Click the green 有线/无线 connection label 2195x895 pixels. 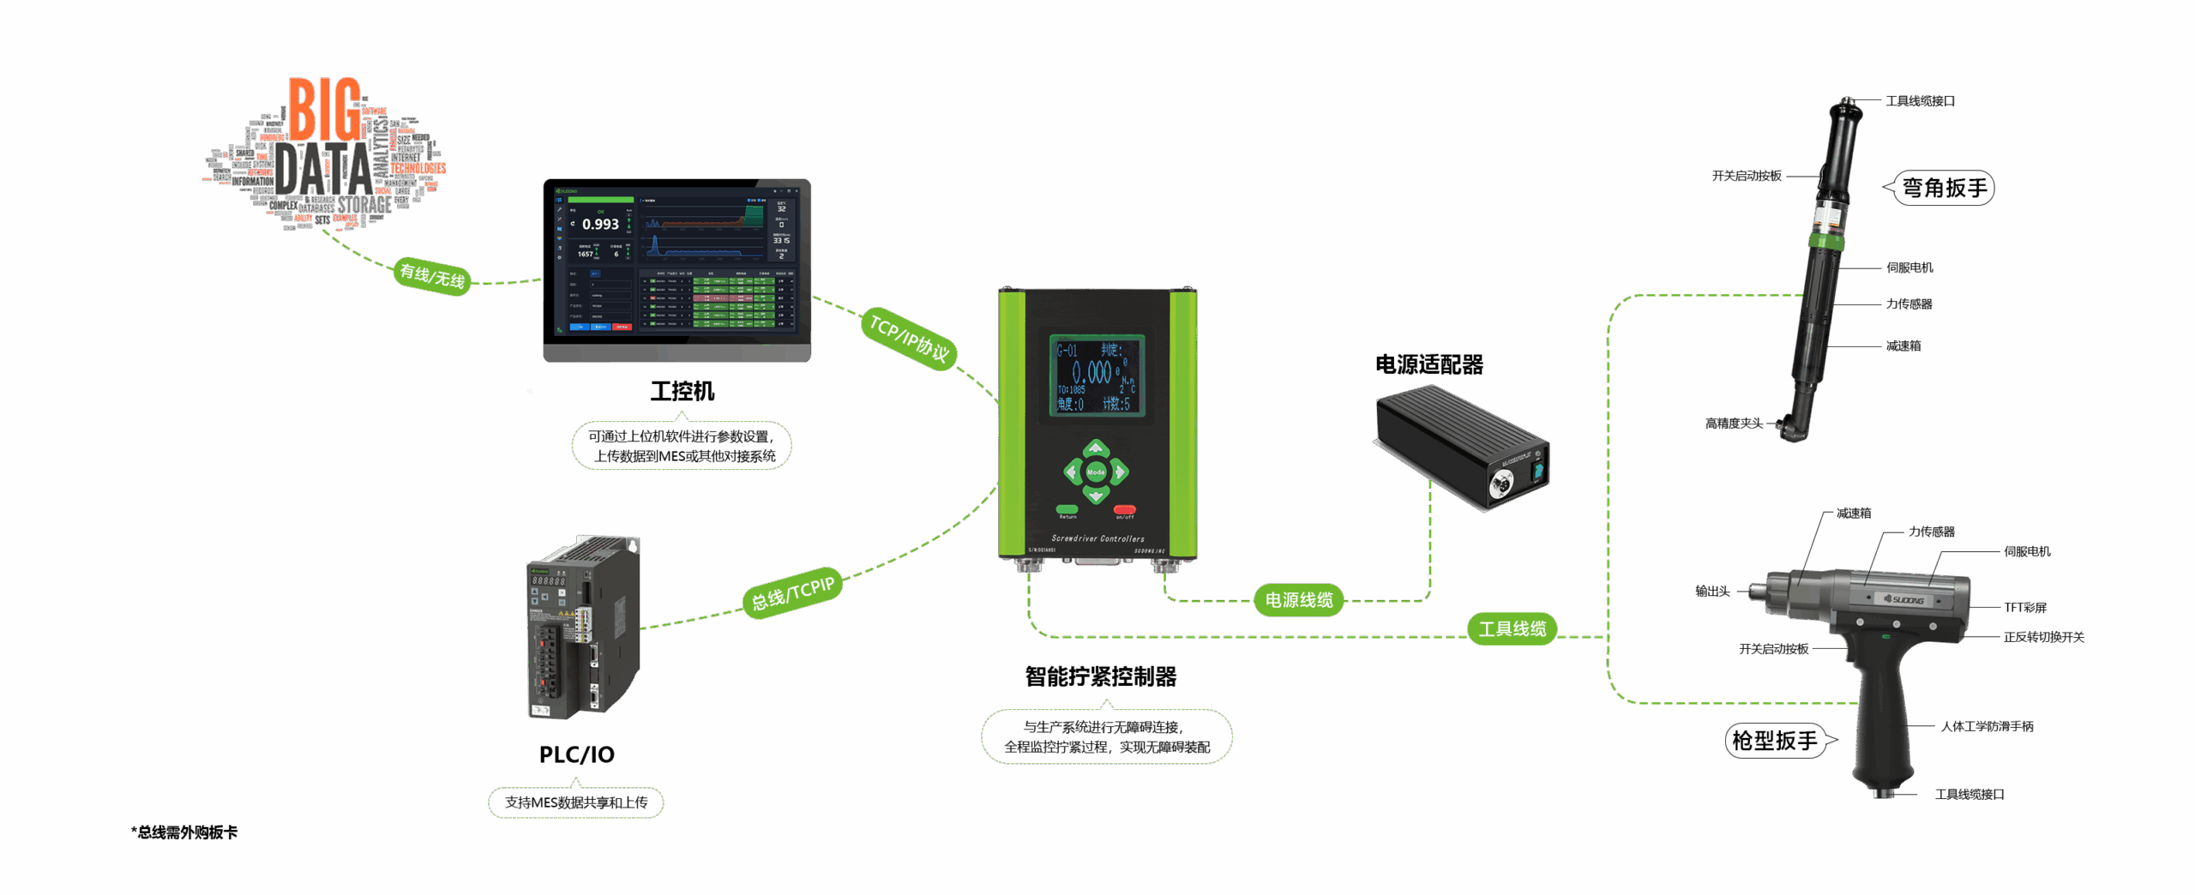(x=432, y=276)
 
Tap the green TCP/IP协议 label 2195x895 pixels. (x=908, y=339)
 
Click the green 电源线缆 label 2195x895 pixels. (x=1299, y=600)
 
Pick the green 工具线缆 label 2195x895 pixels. (x=1512, y=629)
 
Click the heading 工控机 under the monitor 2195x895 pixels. (x=682, y=392)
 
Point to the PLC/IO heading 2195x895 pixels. (x=576, y=755)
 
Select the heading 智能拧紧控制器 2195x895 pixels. (x=1101, y=677)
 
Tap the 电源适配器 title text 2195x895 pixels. (x=1429, y=365)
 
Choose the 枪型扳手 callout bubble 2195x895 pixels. (x=1776, y=741)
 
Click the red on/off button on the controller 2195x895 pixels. (x=1124, y=510)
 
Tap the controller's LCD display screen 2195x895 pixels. (x=1097, y=375)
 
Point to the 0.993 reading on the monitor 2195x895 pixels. (x=600, y=225)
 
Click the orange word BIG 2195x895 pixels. (x=324, y=110)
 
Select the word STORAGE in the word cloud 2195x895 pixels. (x=364, y=205)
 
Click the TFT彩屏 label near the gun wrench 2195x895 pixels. (x=2024, y=608)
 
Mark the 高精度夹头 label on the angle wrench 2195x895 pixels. (x=1734, y=423)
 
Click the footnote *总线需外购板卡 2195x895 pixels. (x=184, y=832)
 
